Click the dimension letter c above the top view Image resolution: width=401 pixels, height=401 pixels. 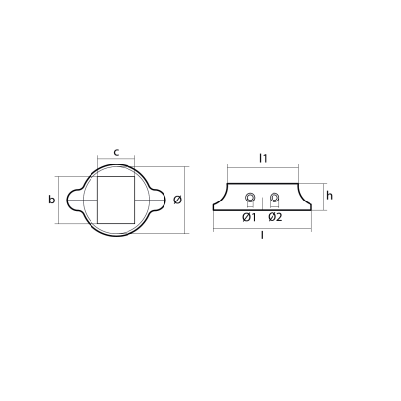117,151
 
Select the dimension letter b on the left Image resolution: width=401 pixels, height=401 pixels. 52,200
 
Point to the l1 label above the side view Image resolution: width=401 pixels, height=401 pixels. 263,155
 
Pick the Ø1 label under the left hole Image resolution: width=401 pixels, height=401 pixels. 249,216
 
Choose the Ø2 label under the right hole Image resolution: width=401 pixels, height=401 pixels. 274,216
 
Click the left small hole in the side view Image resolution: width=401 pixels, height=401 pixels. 250,199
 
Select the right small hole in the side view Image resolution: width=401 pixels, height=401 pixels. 274,199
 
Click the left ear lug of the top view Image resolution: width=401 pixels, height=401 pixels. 75,200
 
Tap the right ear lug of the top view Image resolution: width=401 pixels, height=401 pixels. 158,200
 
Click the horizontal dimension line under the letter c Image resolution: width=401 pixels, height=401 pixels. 117,161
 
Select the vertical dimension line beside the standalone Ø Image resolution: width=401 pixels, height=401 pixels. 188,200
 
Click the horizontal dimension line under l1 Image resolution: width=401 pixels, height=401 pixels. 263,164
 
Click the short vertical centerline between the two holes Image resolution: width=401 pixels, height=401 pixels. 263,200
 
